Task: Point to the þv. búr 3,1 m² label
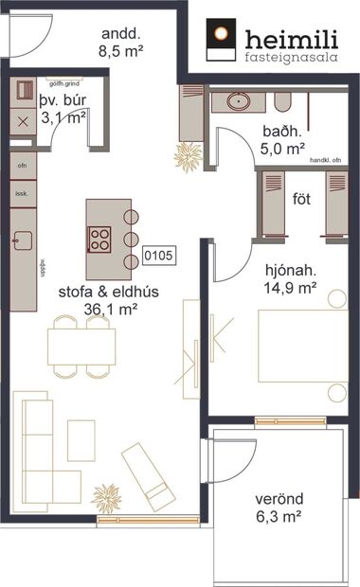(x=63, y=109)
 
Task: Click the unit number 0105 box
(x=156, y=256)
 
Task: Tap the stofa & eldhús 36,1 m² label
(x=107, y=299)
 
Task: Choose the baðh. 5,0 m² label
(x=283, y=140)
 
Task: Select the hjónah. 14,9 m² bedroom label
(x=290, y=281)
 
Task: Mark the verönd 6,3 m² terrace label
(x=279, y=507)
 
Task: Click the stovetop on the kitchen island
(x=100, y=240)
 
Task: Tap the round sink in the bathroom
(x=233, y=99)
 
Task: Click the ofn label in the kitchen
(x=21, y=165)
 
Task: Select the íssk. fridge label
(x=21, y=193)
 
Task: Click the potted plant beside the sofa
(x=106, y=497)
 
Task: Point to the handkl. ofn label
(x=322, y=160)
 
